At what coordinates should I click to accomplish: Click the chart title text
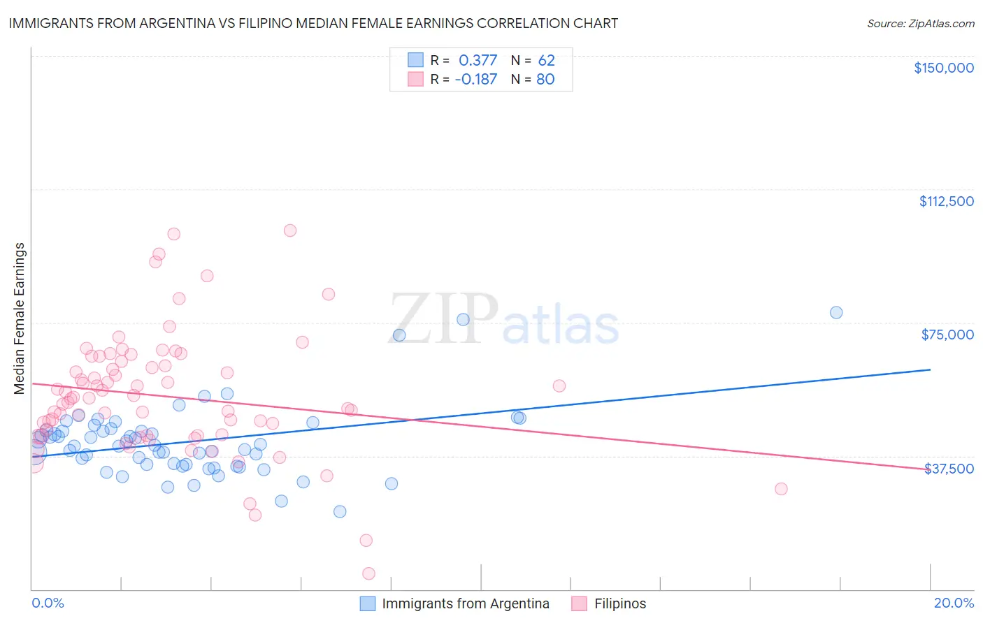click(313, 23)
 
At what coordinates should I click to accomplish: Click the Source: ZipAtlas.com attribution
click(920, 23)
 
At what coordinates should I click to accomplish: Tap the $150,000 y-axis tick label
click(943, 68)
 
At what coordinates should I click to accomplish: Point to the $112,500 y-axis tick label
click(946, 201)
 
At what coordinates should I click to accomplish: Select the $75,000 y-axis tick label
click(947, 335)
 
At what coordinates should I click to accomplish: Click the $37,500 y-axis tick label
click(949, 469)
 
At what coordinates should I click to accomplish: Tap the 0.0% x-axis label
click(48, 603)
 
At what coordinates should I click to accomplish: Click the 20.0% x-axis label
click(954, 603)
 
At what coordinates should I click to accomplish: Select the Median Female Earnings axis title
click(20, 318)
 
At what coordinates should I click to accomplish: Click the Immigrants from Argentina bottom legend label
click(466, 603)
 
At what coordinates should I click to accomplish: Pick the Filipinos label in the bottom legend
click(620, 603)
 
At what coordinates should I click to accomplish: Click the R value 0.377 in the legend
click(478, 61)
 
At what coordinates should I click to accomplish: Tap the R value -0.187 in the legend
click(475, 79)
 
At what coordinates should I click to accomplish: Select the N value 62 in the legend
click(546, 61)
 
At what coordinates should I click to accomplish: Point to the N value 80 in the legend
click(545, 79)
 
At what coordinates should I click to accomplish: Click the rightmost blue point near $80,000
click(836, 312)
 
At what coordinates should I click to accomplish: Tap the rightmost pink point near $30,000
click(781, 489)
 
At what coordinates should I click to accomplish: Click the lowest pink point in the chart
click(368, 573)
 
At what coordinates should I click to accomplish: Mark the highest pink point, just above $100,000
click(290, 230)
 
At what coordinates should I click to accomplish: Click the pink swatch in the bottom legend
click(579, 603)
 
